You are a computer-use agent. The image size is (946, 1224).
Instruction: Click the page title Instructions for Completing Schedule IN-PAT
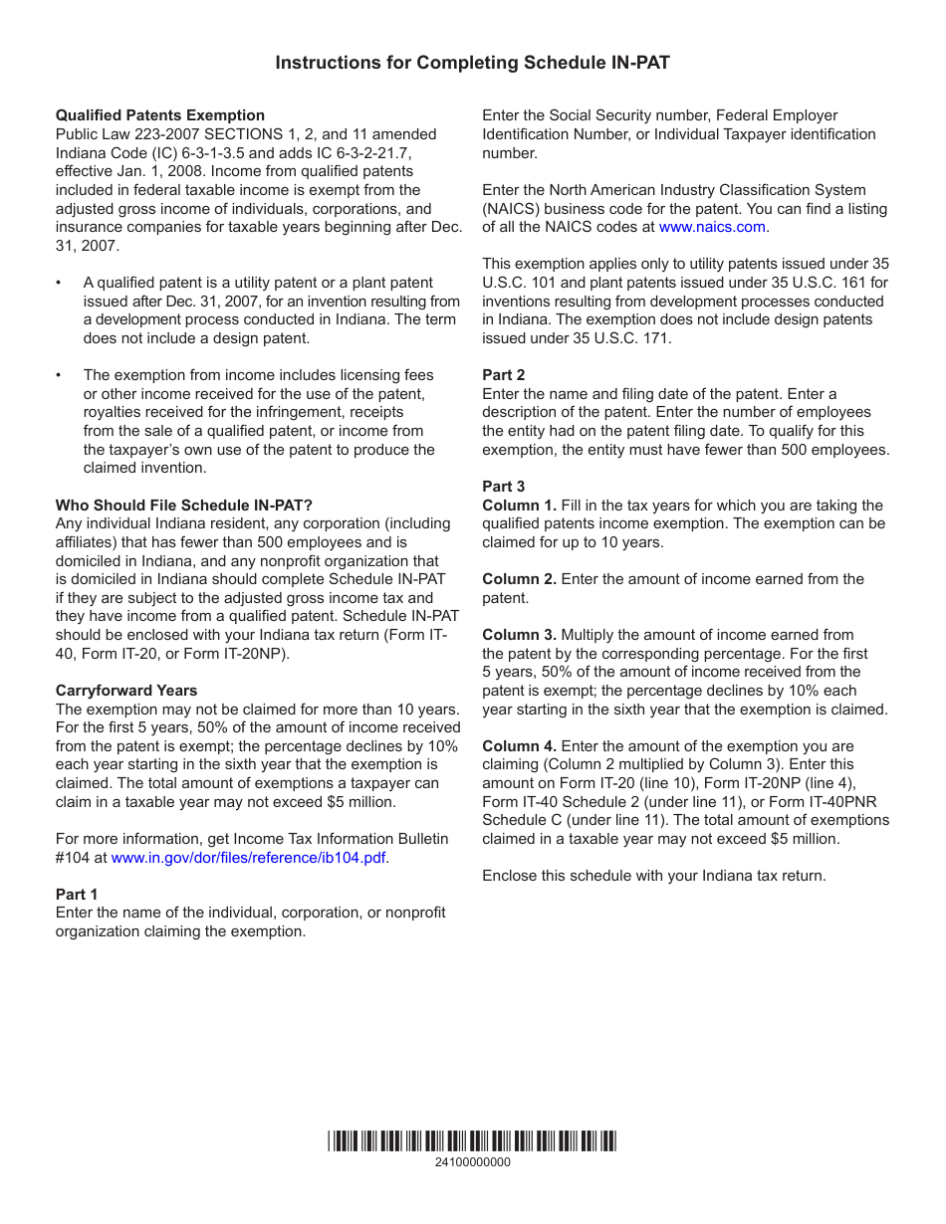[472, 63]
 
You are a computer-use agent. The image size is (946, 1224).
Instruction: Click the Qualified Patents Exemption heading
[160, 115]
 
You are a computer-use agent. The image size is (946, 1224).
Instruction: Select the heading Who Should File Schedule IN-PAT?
[184, 506]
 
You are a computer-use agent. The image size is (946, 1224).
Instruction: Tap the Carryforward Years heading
[126, 691]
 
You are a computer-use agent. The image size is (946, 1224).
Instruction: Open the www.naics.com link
[712, 227]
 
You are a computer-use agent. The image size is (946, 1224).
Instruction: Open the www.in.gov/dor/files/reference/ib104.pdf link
[248, 858]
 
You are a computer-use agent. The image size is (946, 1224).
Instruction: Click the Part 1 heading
[77, 895]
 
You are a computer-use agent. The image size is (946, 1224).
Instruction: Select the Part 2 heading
[503, 375]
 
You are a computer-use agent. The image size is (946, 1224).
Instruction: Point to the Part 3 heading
[503, 487]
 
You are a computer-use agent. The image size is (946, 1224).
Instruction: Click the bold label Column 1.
[519, 506]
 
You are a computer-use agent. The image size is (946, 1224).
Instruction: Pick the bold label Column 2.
[519, 579]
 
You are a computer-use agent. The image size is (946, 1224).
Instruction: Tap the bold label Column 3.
[519, 635]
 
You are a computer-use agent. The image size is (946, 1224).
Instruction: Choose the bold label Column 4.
[519, 746]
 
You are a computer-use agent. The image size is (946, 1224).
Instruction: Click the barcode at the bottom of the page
[472, 1141]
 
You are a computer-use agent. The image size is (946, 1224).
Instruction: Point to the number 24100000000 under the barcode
[472, 1162]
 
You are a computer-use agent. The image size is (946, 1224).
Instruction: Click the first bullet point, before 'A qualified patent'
[60, 284]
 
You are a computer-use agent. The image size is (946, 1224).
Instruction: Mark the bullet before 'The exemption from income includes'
[60, 376]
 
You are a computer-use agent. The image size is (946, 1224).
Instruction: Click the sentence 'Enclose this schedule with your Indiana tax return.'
[653, 876]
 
